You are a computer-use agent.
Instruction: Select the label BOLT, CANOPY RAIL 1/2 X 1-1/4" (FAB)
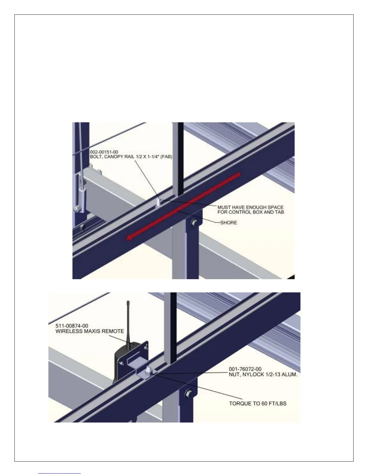[x=131, y=157]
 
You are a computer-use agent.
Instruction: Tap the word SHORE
[x=228, y=223]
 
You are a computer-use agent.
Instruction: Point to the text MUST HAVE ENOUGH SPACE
[x=250, y=207]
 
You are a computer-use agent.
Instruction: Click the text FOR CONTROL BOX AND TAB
[x=251, y=212]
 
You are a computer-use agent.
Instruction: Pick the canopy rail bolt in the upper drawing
[x=158, y=202]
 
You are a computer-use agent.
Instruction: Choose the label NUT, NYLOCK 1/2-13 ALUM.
[x=263, y=374]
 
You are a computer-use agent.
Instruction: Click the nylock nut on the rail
[x=148, y=371]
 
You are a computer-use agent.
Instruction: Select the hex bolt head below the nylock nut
[x=189, y=393]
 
